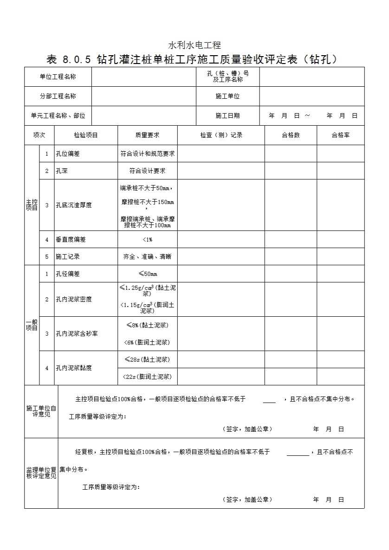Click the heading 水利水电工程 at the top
[194, 45]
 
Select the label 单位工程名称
[58, 77]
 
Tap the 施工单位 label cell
[227, 96]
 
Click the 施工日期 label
[227, 116]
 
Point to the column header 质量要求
[147, 135]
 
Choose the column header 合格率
[340, 135]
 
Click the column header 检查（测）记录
[221, 135]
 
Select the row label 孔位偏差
[68, 153]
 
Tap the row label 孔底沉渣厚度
[74, 205]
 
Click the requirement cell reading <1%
[147, 240]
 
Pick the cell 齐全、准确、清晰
[147, 256]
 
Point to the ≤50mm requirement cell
[147, 274]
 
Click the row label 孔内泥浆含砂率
[77, 333]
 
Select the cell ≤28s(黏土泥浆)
[147, 359]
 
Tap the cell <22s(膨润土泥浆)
[147, 377]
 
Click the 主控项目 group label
[32, 205]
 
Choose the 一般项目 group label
[32, 325]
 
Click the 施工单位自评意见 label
[41, 411]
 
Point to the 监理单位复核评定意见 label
[41, 473]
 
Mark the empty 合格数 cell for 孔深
[291, 171]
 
